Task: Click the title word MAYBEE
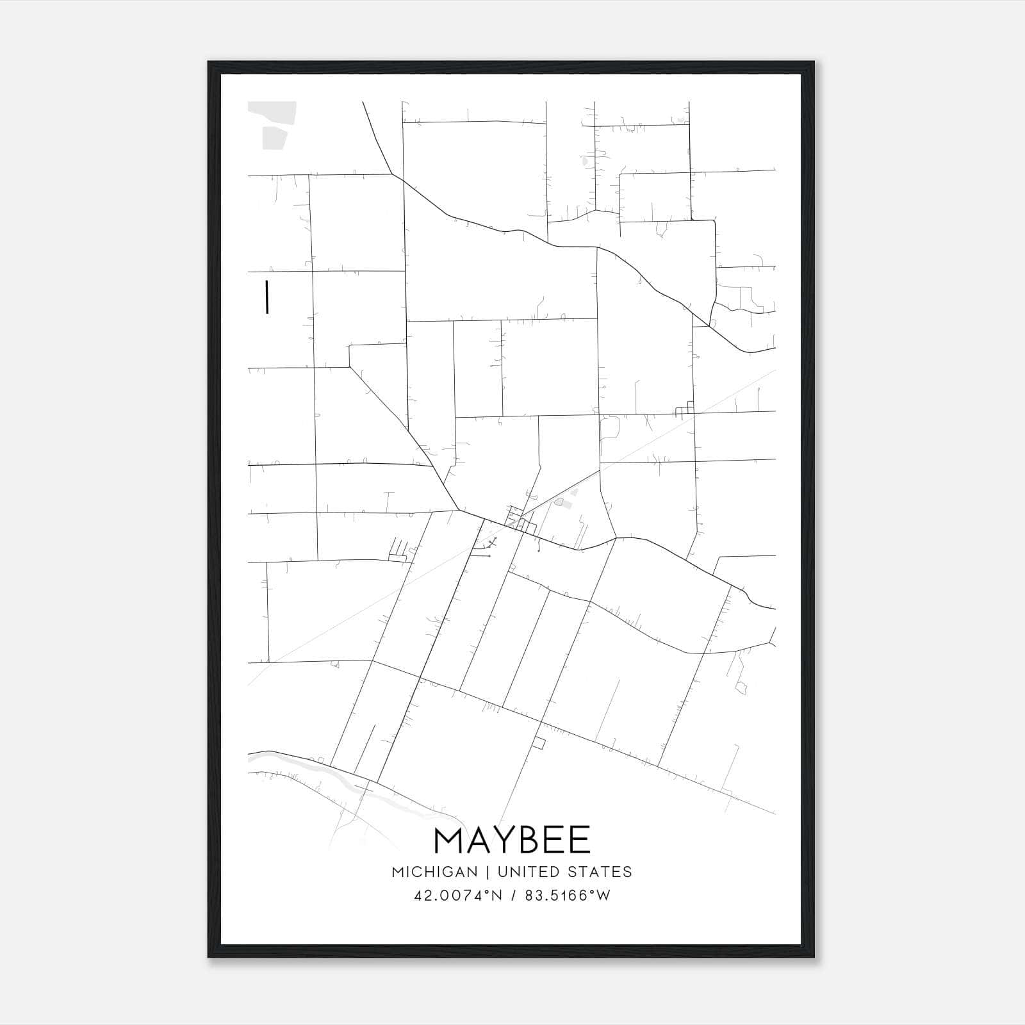tap(512, 840)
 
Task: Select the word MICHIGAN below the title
tap(434, 872)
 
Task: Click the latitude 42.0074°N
tap(457, 896)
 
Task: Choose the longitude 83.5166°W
tap(568, 896)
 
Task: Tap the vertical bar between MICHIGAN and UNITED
tap(488, 872)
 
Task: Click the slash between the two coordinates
tap(512, 896)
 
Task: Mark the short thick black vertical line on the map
tap(266, 297)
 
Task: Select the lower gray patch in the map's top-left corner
tap(274, 137)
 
